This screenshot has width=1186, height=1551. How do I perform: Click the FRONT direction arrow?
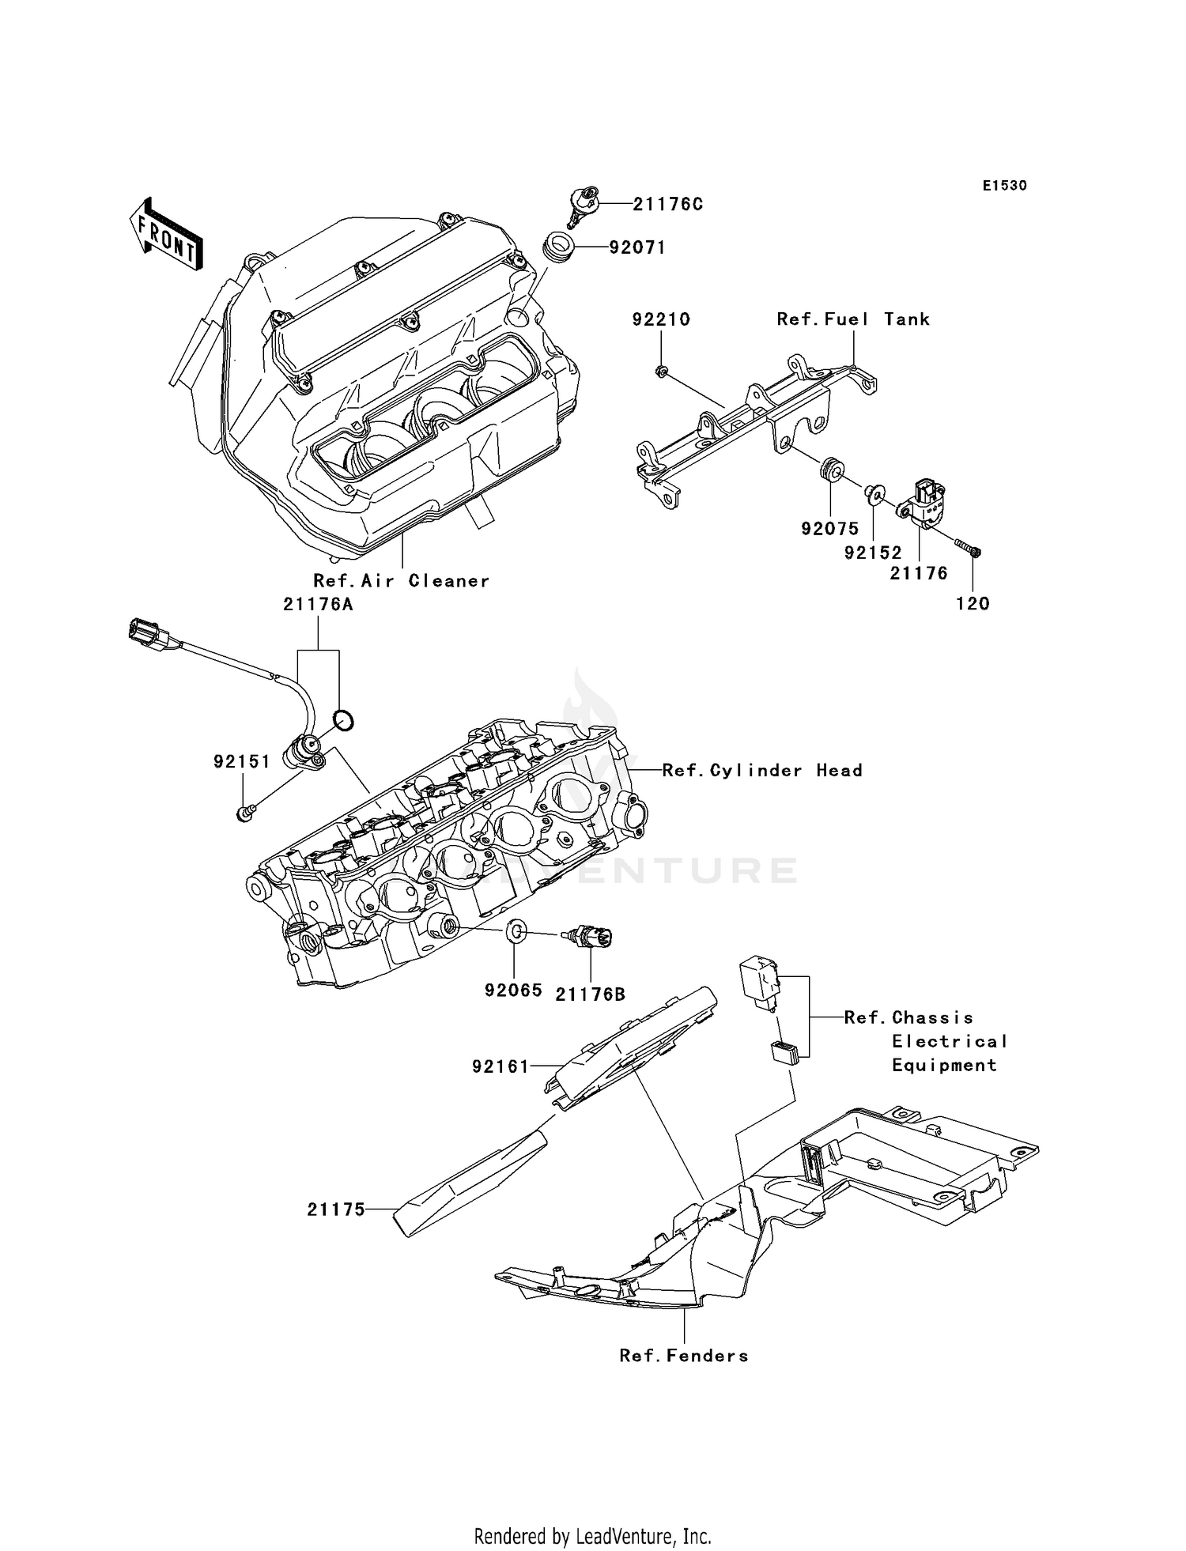[165, 234]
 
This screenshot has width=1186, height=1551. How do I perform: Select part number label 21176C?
[667, 204]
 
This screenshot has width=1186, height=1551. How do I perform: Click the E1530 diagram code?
[1004, 186]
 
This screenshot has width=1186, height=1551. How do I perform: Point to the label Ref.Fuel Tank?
[852, 319]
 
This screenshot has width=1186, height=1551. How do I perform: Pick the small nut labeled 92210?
[661, 370]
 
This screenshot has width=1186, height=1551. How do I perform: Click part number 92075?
[829, 529]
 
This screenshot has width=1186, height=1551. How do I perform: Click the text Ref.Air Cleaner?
[401, 581]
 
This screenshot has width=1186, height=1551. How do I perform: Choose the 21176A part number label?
[318, 605]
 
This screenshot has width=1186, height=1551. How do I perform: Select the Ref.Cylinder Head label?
[761, 770]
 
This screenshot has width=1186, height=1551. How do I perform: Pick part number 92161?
[500, 1066]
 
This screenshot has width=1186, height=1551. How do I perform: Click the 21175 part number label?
[336, 1209]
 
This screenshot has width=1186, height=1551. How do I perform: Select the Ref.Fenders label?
[683, 1357]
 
